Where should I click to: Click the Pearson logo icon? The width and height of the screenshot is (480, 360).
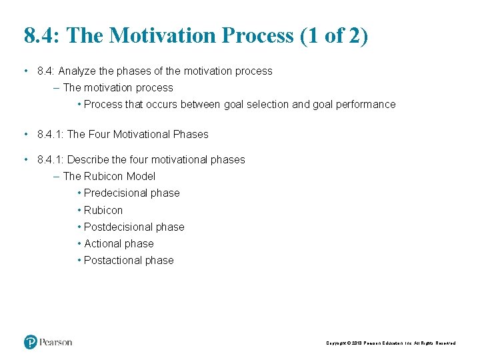point(31,342)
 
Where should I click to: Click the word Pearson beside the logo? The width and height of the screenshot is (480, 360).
point(56,342)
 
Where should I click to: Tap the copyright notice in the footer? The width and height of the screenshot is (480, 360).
point(391,343)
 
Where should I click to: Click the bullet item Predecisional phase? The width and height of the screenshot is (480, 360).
point(131,193)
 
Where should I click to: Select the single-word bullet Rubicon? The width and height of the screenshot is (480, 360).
point(103,210)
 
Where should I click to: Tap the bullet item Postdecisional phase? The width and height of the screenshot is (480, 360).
point(134,227)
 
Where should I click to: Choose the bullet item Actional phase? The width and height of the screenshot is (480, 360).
point(119,244)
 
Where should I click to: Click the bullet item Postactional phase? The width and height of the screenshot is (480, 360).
point(129,261)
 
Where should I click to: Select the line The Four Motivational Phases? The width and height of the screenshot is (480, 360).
point(137,134)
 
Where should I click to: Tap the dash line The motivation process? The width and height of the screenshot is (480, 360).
point(117,87)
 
